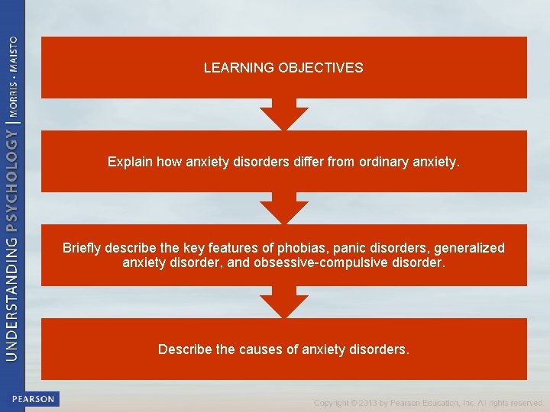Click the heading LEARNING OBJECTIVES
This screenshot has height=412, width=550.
(x=283, y=68)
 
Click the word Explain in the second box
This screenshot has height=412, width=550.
(x=128, y=162)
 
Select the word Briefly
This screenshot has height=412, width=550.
(x=82, y=248)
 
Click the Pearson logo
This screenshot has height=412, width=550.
(x=34, y=399)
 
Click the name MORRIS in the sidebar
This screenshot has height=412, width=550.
(x=12, y=94)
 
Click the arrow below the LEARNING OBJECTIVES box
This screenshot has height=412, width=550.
(x=283, y=114)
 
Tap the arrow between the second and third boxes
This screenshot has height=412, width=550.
(x=283, y=208)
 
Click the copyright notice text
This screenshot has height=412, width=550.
(x=428, y=402)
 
